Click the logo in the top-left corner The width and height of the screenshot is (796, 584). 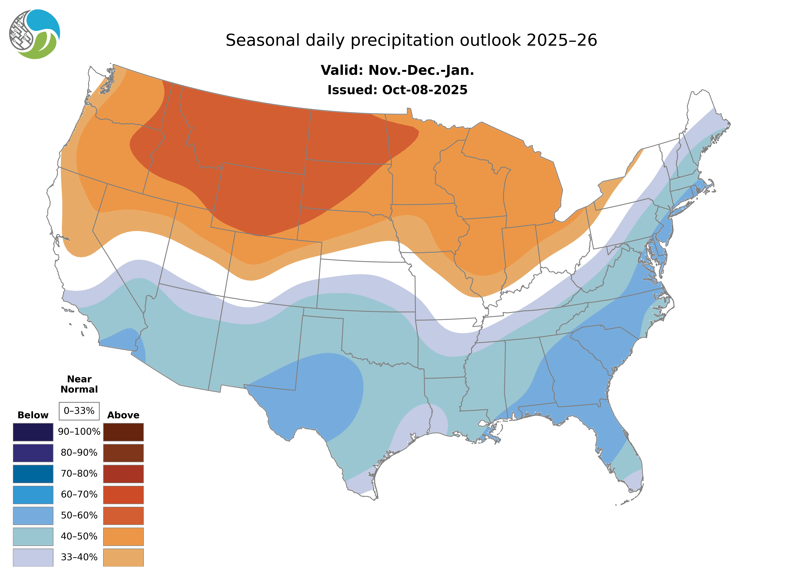coord(35,34)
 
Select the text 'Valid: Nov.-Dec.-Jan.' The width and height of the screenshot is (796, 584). coord(397,70)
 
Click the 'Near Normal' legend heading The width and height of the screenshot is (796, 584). coord(79,384)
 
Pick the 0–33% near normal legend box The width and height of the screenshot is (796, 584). coord(79,411)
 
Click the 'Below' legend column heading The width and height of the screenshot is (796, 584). coord(33,415)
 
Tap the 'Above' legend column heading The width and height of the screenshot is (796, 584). coord(123,415)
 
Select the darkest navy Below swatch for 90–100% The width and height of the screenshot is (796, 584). coord(33,432)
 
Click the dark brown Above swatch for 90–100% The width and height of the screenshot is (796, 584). coord(123,432)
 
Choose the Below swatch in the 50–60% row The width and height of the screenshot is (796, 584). coord(33,515)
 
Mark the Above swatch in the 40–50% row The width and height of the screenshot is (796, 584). coord(123,536)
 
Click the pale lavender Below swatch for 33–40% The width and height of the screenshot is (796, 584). coord(33,557)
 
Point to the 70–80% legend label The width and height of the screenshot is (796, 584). coord(79,474)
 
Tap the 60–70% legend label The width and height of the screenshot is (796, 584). coord(79,495)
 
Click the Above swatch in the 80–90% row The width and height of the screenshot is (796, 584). coord(123,453)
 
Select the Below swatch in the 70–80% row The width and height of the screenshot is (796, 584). coord(33,474)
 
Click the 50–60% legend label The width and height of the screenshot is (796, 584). coord(79,515)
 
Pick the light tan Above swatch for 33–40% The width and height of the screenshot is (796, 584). coord(123,557)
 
